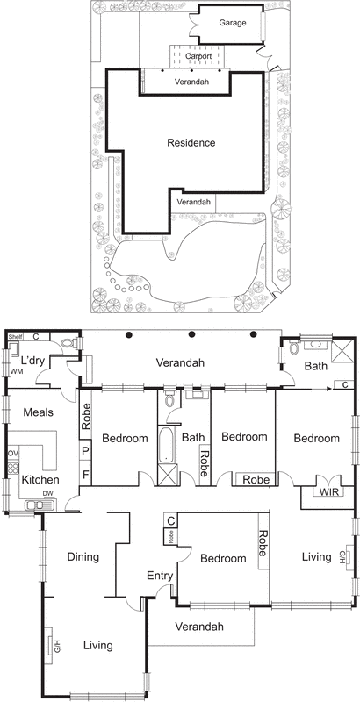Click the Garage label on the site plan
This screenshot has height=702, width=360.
(x=233, y=22)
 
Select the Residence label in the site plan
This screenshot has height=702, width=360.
(x=191, y=142)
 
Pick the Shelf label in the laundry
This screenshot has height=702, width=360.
(x=15, y=336)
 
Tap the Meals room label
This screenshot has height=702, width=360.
(x=39, y=412)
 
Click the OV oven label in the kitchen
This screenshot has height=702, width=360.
(x=13, y=453)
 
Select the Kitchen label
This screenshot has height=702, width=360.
(x=40, y=480)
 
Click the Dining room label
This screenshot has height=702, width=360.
(x=81, y=556)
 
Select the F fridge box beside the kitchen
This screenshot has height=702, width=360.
(x=85, y=475)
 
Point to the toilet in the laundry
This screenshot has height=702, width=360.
(x=66, y=345)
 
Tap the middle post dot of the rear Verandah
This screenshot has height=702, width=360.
(x=191, y=335)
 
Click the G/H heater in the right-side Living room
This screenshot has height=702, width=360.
(x=349, y=555)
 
